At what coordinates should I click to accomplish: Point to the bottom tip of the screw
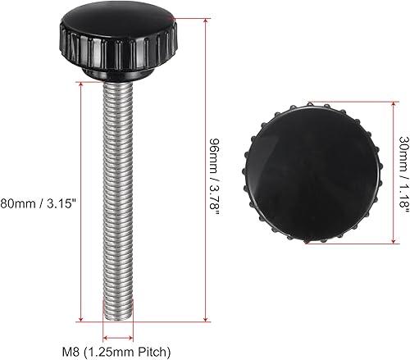click(116, 318)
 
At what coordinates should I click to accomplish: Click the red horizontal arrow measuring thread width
click(116, 336)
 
